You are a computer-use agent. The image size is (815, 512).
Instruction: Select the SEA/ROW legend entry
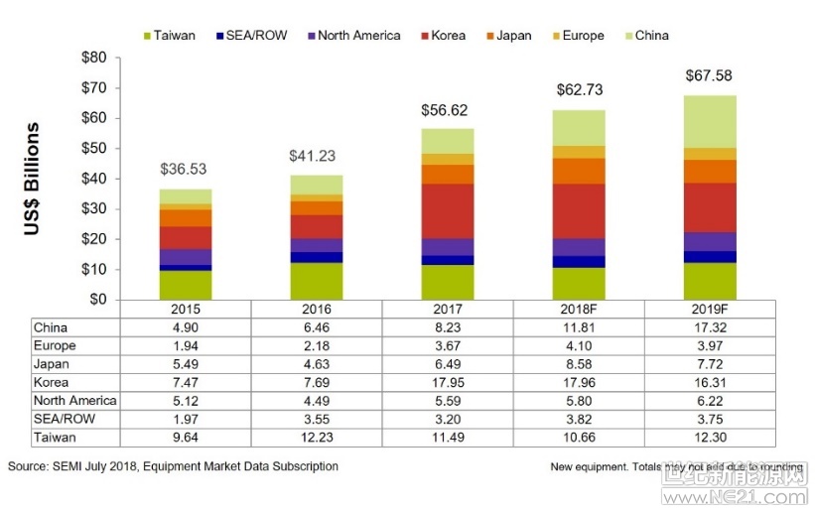click(x=257, y=36)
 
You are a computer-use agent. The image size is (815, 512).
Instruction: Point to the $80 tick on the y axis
click(x=94, y=58)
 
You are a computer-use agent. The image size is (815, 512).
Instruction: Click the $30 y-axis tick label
click(x=94, y=209)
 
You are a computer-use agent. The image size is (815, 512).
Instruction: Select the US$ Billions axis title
click(x=34, y=179)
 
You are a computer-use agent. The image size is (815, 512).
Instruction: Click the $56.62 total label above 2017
click(x=447, y=111)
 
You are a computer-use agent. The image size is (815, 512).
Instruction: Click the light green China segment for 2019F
click(x=710, y=122)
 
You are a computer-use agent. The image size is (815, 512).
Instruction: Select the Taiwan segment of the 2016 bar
click(x=316, y=281)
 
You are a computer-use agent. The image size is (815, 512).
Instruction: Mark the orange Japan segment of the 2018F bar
click(x=578, y=171)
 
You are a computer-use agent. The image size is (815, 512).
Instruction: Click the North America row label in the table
click(x=75, y=401)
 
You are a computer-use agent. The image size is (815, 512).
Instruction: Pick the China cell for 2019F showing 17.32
click(x=710, y=327)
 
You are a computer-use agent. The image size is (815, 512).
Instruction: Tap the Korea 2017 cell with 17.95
click(x=447, y=382)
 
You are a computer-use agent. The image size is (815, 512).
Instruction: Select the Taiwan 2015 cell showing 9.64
click(x=185, y=438)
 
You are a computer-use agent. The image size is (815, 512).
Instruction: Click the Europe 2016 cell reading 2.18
click(x=316, y=345)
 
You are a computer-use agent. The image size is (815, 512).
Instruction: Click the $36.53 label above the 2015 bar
click(x=185, y=170)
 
